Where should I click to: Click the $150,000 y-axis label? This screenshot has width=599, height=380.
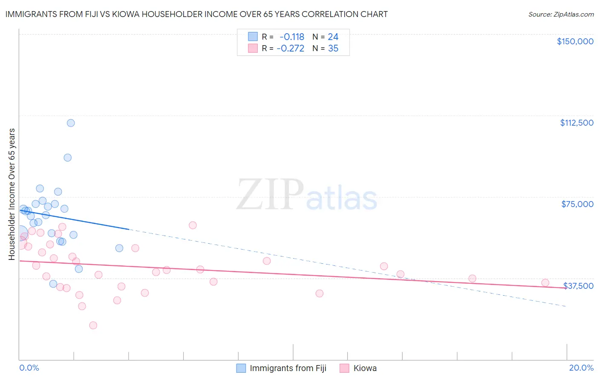click(575, 41)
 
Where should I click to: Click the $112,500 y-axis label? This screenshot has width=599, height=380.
click(576, 123)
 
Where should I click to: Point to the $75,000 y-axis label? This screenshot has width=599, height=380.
click(577, 204)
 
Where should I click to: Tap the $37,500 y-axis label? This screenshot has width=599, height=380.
click(578, 286)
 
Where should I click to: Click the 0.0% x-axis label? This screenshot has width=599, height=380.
click(29, 368)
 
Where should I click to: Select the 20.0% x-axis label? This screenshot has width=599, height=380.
click(581, 368)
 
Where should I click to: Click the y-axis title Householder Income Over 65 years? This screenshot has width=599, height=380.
click(12, 194)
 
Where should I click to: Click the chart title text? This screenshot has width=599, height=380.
click(196, 14)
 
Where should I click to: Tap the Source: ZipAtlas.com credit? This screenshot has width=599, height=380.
click(561, 14)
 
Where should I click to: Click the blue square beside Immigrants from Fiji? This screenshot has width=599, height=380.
click(241, 368)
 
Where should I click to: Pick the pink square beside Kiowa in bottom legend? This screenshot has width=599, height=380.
click(344, 368)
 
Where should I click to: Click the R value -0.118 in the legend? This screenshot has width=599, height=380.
click(292, 37)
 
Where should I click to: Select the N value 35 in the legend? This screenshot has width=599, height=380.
click(333, 49)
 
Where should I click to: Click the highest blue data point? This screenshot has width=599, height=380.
click(71, 123)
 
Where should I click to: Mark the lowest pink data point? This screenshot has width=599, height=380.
click(93, 325)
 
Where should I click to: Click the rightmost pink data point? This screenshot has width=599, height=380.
click(545, 282)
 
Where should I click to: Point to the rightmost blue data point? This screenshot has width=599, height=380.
click(119, 248)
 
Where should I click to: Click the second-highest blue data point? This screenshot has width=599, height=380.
click(67, 158)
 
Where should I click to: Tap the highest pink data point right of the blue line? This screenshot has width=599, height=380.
click(193, 225)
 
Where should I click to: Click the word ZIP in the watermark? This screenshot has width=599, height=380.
click(270, 194)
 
